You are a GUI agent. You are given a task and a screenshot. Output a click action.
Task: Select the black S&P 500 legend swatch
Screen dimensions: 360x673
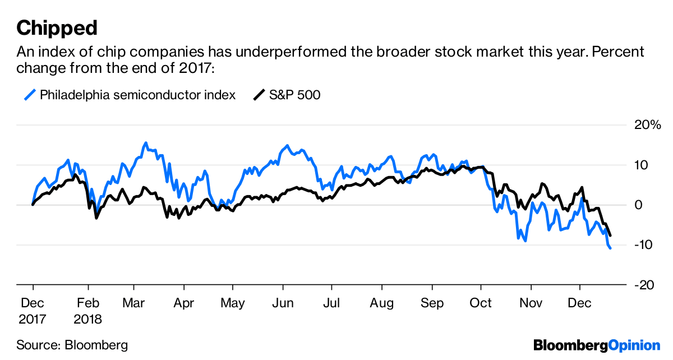tap(259, 95)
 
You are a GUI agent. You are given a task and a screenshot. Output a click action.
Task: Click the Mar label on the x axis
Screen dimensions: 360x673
tap(134, 303)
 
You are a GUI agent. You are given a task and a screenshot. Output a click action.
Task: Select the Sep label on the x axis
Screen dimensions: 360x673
tap(432, 303)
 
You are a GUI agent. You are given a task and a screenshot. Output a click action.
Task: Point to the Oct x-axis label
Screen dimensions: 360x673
tap(481, 303)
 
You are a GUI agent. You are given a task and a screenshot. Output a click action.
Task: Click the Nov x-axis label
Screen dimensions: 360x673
tap(531, 303)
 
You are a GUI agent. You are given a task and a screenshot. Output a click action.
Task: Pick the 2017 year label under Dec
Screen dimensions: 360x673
tap(33, 319)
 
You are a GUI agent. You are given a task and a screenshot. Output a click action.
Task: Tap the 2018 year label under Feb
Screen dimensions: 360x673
tap(88, 319)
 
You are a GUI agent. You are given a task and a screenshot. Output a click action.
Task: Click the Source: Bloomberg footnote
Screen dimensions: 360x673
tap(72, 345)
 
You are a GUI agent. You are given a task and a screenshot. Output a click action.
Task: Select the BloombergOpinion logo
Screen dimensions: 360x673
tap(597, 345)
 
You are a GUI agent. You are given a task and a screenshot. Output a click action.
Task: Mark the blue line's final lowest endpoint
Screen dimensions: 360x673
tap(610, 247)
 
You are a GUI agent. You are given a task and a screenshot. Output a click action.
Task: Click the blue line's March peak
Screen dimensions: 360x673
tap(146, 143)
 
